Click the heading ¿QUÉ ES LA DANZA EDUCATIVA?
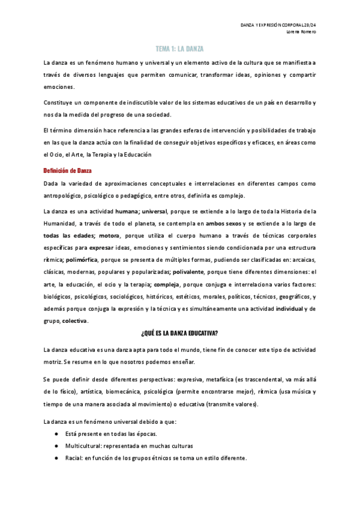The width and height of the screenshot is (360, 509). pyautogui.click(x=179, y=333)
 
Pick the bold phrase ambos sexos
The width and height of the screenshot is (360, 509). pyautogui.click(x=225, y=222)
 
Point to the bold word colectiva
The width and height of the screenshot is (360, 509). pyautogui.click(x=74, y=321)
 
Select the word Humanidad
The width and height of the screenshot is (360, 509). pyautogui.click(x=59, y=222)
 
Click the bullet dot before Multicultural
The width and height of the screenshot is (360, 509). pyautogui.click(x=56, y=446)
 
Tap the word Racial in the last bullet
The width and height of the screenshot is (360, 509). pyautogui.click(x=75, y=457)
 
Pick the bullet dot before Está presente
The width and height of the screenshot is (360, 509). pyautogui.click(x=56, y=433)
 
